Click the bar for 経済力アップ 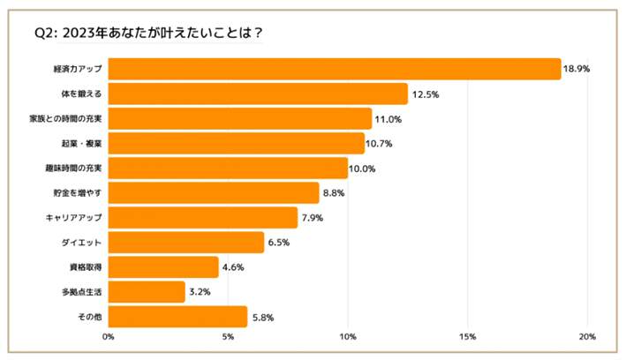coord(335,69)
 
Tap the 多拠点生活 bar coord(147,291)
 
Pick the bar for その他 coord(177,316)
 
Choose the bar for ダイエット coord(186,242)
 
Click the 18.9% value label coord(578,70)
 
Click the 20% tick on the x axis coord(587,336)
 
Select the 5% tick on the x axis coord(228,336)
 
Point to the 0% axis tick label coord(109,336)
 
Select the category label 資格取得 coord(84,266)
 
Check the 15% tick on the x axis coord(467,336)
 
